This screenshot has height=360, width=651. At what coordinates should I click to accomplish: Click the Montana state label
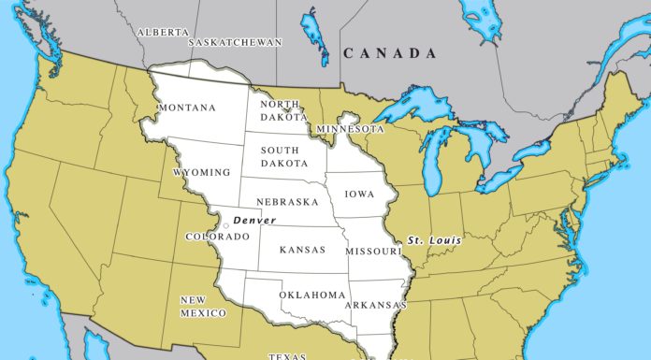tap(187, 108)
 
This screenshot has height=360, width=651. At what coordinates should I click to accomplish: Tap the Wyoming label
tap(201, 173)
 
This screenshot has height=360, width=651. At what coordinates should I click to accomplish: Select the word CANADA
tap(390, 54)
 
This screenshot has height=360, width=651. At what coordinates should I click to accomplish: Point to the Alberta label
tap(163, 32)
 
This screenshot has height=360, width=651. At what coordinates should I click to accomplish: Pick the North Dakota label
tap(281, 110)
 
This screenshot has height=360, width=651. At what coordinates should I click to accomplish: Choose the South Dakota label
tap(281, 156)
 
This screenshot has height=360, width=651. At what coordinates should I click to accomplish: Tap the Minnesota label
tap(351, 127)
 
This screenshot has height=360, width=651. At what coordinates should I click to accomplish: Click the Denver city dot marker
tap(226, 224)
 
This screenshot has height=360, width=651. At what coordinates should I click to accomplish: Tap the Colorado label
tap(218, 237)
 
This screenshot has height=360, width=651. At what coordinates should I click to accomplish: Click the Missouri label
tap(372, 252)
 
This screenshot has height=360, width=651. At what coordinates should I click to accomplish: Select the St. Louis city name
tap(435, 241)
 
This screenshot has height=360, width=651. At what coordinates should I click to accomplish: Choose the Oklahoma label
tap(312, 295)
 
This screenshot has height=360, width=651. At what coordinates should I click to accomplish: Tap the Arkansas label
tap(374, 305)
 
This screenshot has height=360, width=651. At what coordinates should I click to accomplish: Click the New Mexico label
tap(203, 306)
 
